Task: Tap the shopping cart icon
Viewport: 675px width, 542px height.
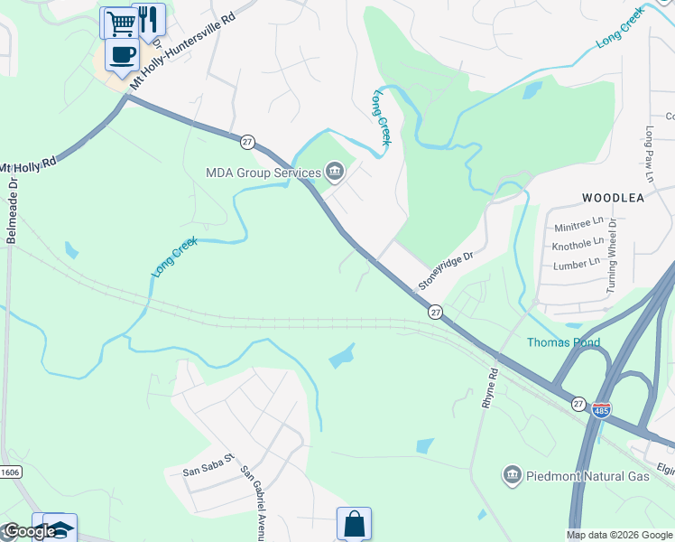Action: (x=119, y=23)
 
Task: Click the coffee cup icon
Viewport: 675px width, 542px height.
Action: (x=122, y=54)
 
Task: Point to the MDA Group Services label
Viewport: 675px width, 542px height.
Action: (x=264, y=172)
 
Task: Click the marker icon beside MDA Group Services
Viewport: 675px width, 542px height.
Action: (x=335, y=171)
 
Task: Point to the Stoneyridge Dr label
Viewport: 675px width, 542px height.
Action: (x=445, y=271)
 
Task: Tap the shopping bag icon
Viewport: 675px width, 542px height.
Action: (x=354, y=524)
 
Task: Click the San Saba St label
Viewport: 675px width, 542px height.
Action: (x=208, y=470)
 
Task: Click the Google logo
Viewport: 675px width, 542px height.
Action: (x=30, y=531)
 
